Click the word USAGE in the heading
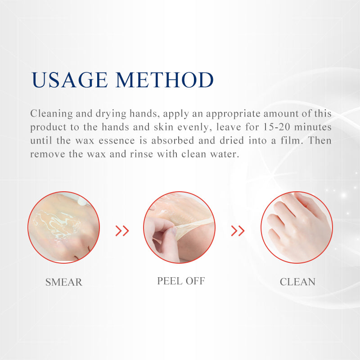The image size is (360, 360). (69, 80)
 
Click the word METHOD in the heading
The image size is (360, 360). (165, 80)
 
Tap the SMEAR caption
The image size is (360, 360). (64, 282)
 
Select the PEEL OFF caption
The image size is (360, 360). (181, 281)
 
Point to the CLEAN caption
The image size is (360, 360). (297, 282)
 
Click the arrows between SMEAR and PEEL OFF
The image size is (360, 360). (122, 231)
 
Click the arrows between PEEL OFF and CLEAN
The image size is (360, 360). (238, 231)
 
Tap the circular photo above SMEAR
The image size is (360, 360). (63, 227)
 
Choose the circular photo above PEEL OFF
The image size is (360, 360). (179, 227)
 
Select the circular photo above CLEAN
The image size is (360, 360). (297, 227)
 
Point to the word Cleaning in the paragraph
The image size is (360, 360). (51, 114)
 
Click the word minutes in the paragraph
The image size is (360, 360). (313, 127)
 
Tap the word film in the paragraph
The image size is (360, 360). (290, 140)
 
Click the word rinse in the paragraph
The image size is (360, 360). (141, 154)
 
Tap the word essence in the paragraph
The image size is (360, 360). (117, 141)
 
